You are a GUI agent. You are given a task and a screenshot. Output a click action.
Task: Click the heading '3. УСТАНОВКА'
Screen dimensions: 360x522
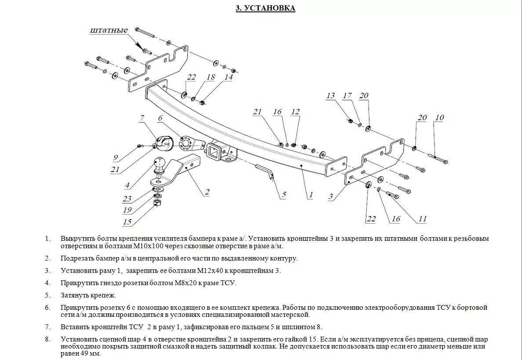coord(265,8)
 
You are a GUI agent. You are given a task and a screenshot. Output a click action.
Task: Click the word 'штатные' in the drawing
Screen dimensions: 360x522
coord(109,30)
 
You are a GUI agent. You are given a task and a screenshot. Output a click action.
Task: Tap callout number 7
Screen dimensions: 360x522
coord(142,118)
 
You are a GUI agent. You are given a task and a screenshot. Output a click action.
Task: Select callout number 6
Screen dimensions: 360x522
coord(160,118)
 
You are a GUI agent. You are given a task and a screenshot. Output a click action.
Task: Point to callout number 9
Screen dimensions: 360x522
coord(115,157)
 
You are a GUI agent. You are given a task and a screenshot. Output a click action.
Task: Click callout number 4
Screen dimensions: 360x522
coord(127,185)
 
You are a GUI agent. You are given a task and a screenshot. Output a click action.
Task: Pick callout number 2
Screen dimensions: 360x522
coord(207,191)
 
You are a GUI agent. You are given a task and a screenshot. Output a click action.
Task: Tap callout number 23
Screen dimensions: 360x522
coord(127,199)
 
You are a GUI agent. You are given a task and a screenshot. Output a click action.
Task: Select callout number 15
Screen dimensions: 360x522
coord(127,222)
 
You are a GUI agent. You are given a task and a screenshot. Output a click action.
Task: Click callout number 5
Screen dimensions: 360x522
coord(284,195)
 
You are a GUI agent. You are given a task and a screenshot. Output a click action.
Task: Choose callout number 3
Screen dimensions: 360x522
coord(331,197)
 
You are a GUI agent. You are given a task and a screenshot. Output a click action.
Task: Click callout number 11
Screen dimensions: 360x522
coord(422,219)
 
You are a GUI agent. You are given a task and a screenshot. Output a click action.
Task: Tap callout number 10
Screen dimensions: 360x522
coord(439,118)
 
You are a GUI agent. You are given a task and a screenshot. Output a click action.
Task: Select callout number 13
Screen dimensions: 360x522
coord(331,96)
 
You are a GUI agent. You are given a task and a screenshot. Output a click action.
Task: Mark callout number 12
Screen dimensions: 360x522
coord(295,112)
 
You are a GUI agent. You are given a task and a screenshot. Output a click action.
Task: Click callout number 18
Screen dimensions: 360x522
coord(211,77)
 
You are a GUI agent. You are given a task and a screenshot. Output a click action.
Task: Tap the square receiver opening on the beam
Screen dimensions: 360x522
coord(215,152)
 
